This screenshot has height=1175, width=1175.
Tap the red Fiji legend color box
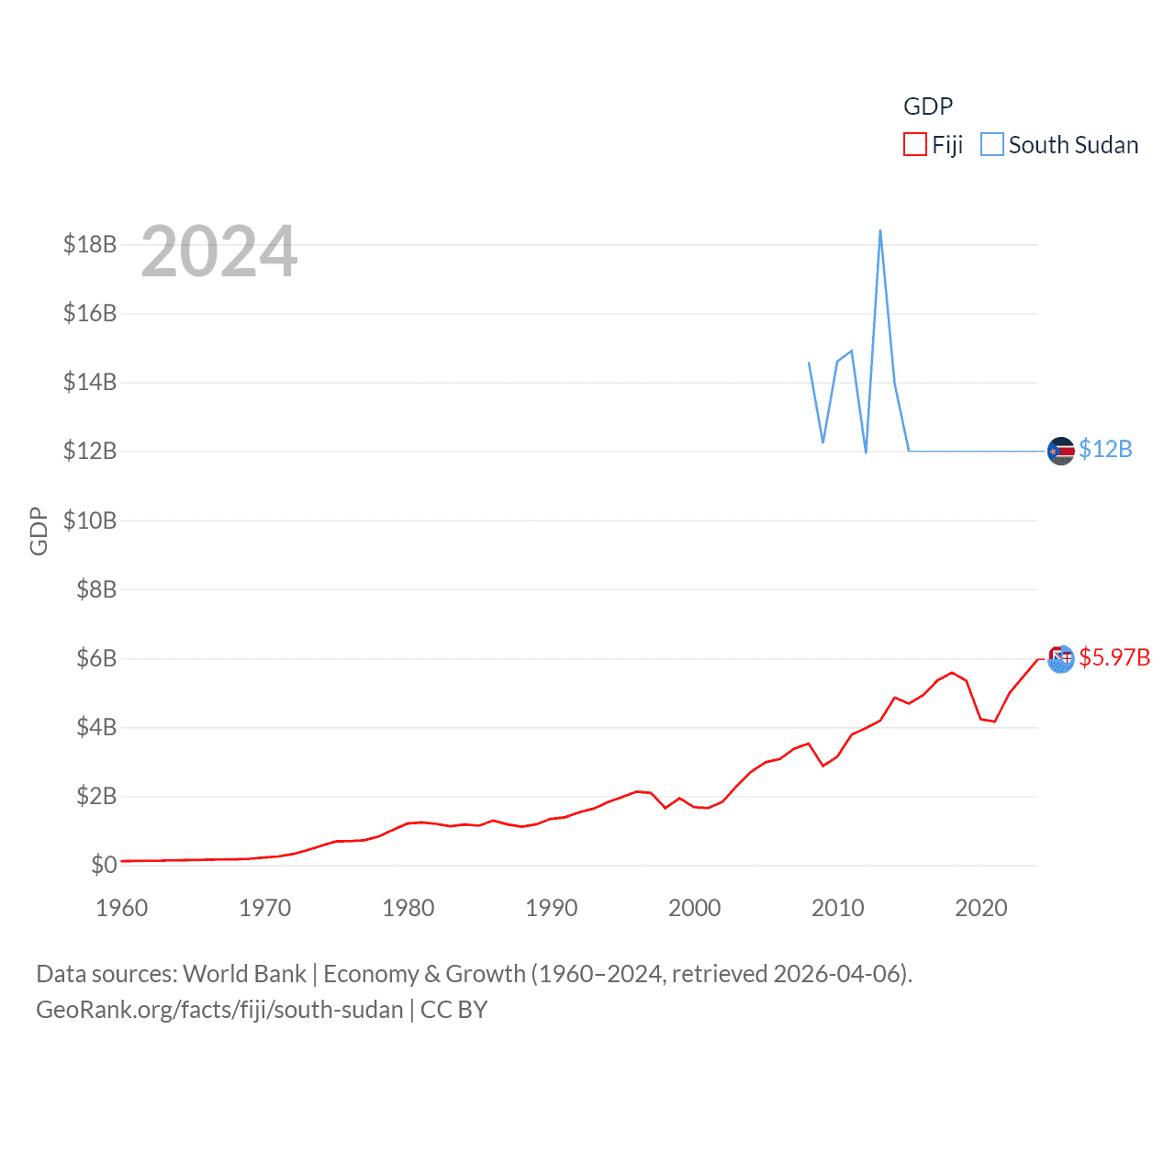click(915, 145)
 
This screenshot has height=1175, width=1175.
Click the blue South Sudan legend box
click(992, 145)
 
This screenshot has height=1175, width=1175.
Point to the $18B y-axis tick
click(90, 244)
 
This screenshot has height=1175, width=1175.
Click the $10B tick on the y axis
click(90, 520)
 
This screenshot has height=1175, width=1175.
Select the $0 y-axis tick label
click(104, 865)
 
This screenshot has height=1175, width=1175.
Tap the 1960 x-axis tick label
click(122, 908)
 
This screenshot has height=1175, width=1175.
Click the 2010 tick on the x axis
click(838, 908)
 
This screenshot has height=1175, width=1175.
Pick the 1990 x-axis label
click(552, 908)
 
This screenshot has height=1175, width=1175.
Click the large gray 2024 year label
click(219, 252)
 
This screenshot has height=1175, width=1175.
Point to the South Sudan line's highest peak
click(880, 230)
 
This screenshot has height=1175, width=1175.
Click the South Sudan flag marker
click(1060, 452)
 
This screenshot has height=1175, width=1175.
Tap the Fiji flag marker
click(1060, 659)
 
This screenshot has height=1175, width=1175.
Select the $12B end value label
click(1105, 449)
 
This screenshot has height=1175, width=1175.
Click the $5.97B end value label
click(1114, 657)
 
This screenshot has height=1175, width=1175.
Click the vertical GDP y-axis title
click(39, 531)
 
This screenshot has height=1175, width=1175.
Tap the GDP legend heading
click(928, 106)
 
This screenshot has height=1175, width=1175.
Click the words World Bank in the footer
click(245, 974)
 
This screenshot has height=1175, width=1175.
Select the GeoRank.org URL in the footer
click(219, 1010)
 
